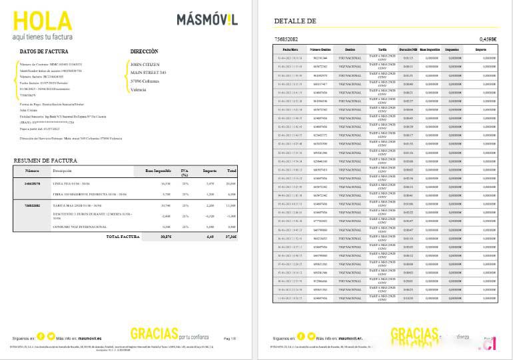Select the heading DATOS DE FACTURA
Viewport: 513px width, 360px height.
pos(43,51)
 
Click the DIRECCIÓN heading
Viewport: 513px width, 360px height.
pos(144,51)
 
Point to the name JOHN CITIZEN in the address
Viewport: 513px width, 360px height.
pos(147,64)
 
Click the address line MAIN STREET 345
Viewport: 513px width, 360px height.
pos(148,72)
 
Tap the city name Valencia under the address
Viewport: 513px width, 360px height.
pos(139,89)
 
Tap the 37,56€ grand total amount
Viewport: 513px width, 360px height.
pos(231,236)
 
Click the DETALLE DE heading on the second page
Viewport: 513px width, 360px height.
pos(294,21)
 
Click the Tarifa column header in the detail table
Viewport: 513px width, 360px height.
pos(381,49)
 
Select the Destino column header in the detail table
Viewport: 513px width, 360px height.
pos(350,49)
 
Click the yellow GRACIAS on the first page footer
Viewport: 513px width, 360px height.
pos(155,333)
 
